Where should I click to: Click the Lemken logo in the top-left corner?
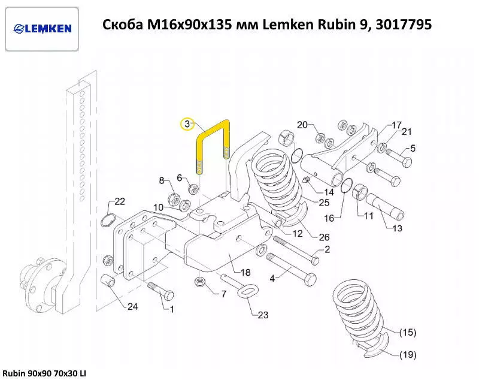[42, 28]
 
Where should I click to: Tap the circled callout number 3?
[187, 124]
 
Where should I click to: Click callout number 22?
[120, 201]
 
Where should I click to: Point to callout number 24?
[132, 307]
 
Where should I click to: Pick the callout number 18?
[245, 272]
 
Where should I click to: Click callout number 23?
[263, 315]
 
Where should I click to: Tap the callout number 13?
[398, 228]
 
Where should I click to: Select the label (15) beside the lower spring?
[407, 332]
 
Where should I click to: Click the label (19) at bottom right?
[407, 355]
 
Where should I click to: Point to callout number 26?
[324, 237]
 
